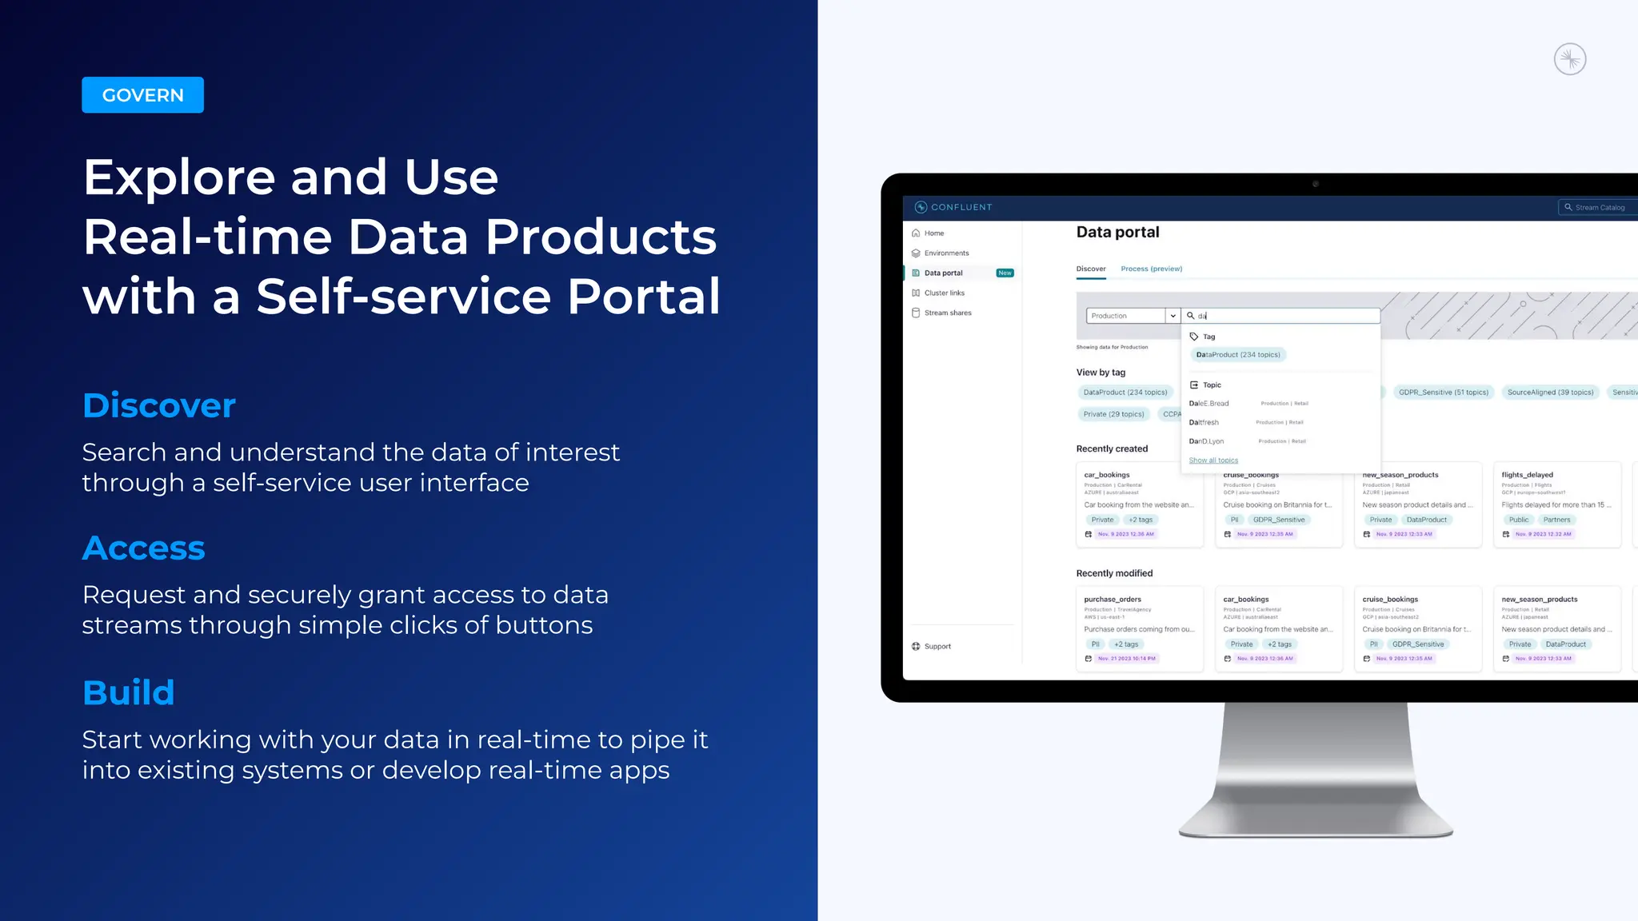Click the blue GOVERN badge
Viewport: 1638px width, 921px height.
pos(142,95)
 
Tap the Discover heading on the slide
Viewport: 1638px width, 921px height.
pos(159,405)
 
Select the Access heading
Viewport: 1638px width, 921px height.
pos(144,548)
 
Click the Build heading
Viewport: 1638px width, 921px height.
pos(129,692)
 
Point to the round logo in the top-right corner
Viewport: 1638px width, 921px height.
pos(1569,60)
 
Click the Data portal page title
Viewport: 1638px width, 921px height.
pos(1117,233)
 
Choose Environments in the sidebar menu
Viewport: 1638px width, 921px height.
pos(946,253)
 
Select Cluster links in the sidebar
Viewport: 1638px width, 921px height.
pos(944,293)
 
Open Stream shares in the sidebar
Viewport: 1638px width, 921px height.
pos(948,313)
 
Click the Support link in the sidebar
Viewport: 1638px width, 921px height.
pos(937,647)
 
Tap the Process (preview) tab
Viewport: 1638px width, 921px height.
pos(1151,269)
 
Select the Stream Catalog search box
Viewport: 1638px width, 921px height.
pos(1598,208)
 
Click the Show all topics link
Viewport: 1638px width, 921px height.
pos(1213,460)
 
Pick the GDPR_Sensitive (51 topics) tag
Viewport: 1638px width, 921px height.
pos(1443,393)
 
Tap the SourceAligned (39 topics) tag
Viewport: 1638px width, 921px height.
pos(1550,393)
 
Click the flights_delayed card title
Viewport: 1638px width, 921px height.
pos(1527,475)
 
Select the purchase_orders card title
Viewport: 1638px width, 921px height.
pos(1113,600)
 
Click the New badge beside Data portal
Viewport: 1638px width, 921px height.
pos(1005,273)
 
